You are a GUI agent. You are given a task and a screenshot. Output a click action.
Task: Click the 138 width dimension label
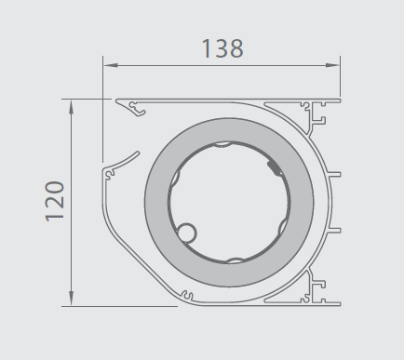coord(222,48)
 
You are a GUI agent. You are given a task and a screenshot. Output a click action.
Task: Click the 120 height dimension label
coord(55,201)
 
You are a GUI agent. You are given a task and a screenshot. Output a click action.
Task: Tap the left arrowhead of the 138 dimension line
coord(111,65)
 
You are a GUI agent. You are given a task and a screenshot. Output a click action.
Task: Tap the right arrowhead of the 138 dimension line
coord(332,65)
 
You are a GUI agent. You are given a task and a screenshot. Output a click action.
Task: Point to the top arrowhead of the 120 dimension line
coord(72,107)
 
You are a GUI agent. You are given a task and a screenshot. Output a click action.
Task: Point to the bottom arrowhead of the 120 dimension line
coord(72,299)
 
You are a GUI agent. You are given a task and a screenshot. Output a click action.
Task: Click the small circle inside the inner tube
coord(187,233)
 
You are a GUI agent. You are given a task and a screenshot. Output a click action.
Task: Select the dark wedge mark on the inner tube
coord(274,167)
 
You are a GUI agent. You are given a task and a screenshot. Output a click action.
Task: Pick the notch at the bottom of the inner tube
coord(236,260)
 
